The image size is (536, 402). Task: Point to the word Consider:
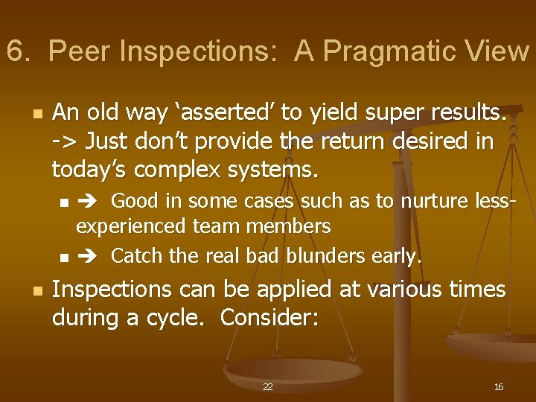tap(270, 319)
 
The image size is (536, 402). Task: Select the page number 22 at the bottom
tap(267, 387)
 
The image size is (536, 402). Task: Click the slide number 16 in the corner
tap(499, 387)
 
